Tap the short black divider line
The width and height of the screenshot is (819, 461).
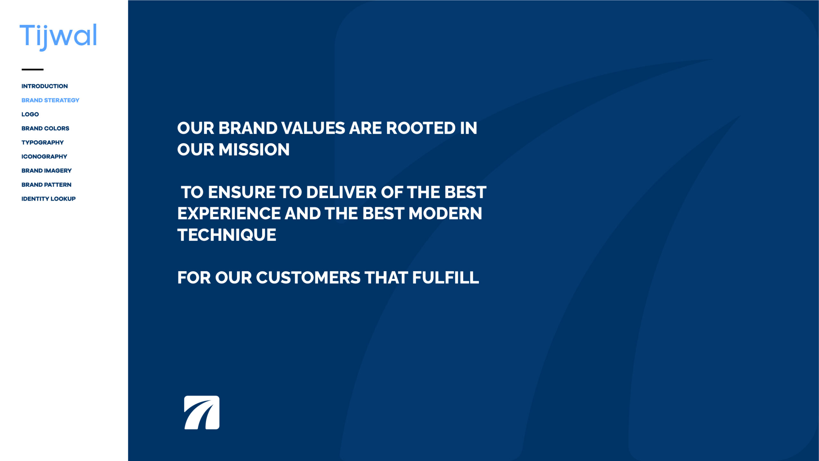[32, 69]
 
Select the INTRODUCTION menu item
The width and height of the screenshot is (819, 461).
[44, 86]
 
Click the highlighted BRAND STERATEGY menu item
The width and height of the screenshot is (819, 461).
[50, 100]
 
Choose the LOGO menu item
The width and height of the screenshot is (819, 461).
[30, 114]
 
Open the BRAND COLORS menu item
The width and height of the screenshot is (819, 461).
[45, 128]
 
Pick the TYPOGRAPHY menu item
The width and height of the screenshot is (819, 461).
[43, 142]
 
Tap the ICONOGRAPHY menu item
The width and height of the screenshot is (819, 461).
[44, 157]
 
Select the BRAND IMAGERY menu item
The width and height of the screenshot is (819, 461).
[46, 171]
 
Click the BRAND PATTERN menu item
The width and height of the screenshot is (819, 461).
[46, 185]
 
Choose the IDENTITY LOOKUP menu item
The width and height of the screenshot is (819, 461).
[48, 199]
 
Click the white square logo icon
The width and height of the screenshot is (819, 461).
[202, 412]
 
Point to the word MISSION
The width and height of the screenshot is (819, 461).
[258, 150]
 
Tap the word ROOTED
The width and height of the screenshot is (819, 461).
[421, 128]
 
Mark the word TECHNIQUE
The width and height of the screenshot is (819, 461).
[227, 235]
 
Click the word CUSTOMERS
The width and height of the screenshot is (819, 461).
[308, 278]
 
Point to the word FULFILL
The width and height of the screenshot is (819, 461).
[446, 278]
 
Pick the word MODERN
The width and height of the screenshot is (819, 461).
[445, 214]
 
